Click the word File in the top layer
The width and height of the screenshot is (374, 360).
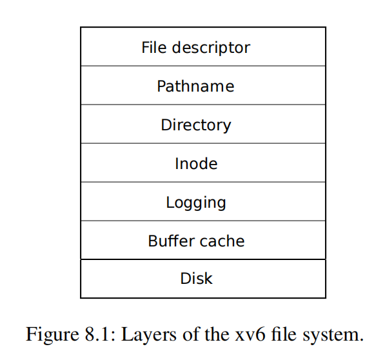click(154, 47)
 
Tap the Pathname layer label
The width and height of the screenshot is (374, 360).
click(195, 86)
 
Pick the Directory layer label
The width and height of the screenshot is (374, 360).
click(196, 126)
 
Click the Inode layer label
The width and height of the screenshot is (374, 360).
click(196, 163)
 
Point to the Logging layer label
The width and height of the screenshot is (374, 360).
click(196, 203)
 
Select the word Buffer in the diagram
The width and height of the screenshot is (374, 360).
click(172, 241)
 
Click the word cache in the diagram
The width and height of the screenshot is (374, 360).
click(222, 241)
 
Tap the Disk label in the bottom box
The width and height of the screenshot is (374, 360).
click(196, 278)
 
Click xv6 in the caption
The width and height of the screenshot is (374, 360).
click(250, 334)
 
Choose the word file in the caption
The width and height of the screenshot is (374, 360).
click(284, 334)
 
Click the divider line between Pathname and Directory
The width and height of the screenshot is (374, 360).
click(203, 105)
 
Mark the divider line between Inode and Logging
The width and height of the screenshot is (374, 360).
click(203, 182)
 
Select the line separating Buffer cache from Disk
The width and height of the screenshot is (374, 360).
click(203, 259)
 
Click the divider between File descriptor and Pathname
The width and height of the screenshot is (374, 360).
click(203, 66)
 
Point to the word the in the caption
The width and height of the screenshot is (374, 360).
click(217, 334)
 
